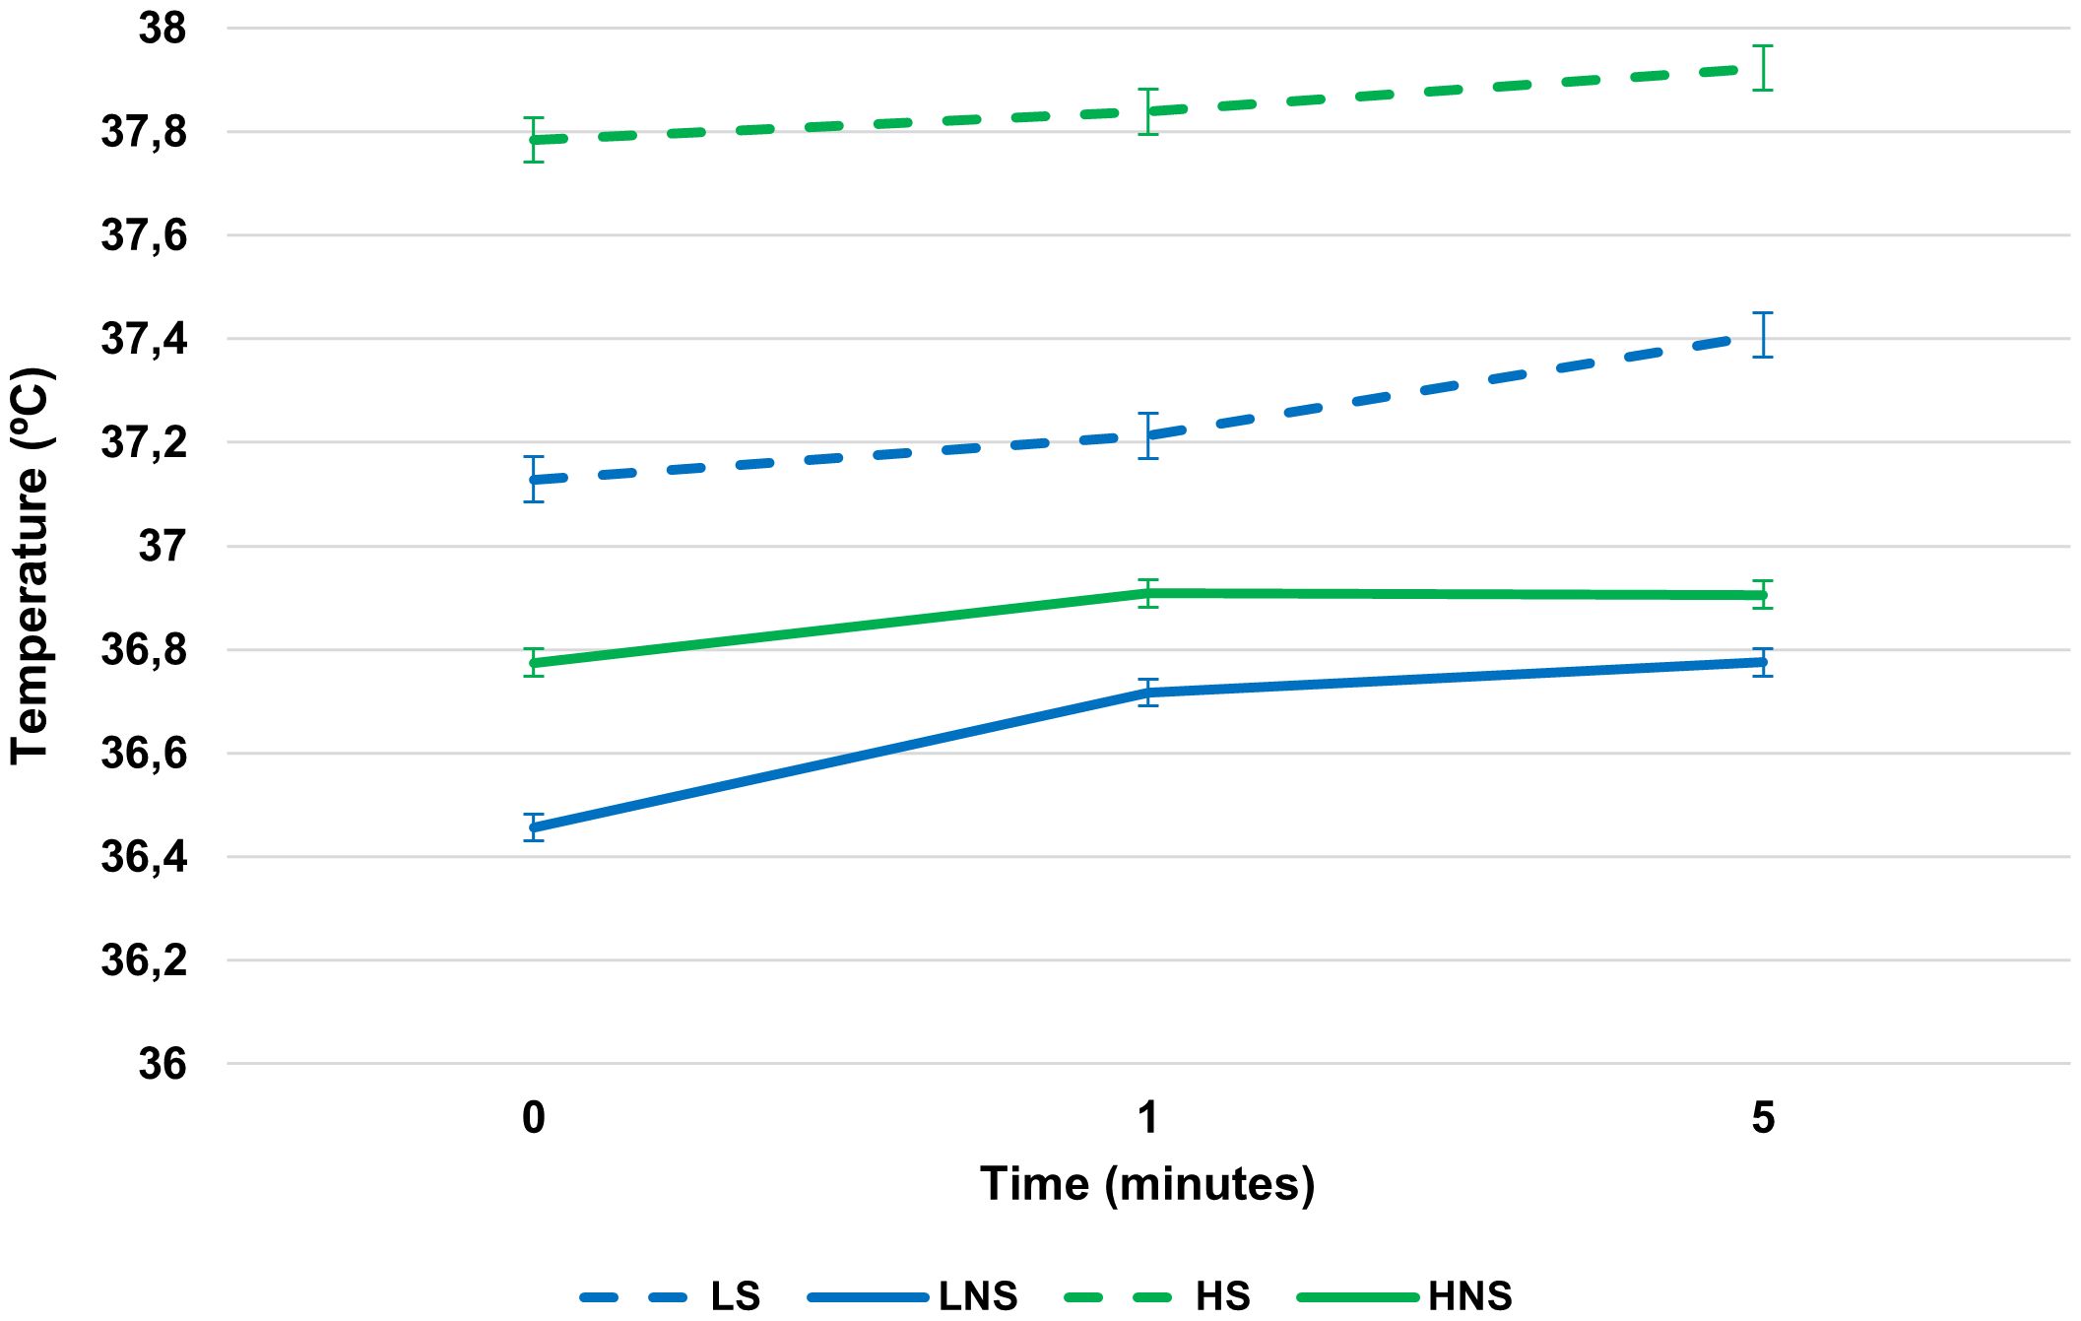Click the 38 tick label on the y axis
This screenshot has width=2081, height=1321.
tap(162, 29)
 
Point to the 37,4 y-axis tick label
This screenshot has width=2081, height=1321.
tap(144, 339)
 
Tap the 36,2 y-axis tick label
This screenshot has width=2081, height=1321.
tap(144, 960)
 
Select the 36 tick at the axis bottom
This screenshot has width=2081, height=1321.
tap(162, 1064)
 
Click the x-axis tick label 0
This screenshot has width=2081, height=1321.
tap(533, 1118)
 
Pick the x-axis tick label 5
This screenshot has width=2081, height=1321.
tap(1763, 1118)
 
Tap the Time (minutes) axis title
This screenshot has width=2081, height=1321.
tap(1147, 1183)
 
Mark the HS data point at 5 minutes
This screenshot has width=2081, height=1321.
tap(1763, 69)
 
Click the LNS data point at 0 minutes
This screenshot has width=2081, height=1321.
tap(534, 827)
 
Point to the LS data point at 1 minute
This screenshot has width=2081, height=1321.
tap(1148, 435)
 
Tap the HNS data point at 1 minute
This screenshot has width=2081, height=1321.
tap(1148, 593)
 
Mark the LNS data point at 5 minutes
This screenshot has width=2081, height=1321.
tap(1763, 662)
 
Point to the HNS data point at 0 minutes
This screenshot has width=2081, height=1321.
tap(534, 663)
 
